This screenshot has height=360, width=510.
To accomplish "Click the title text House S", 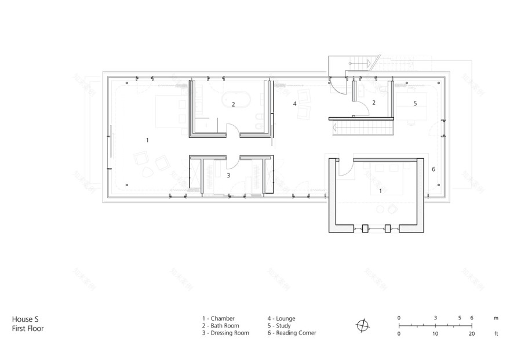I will click(25, 318).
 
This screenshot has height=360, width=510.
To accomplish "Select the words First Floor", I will click(28, 328).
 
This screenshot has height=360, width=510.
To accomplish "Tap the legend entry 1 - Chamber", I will click(218, 318).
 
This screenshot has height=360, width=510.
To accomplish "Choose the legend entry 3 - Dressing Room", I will click(225, 333).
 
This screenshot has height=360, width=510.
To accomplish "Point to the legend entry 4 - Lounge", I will click(282, 318).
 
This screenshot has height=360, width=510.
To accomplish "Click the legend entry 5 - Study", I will click(279, 326).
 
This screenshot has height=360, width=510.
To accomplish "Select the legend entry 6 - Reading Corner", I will click(292, 333).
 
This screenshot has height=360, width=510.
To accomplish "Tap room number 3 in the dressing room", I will click(228, 174).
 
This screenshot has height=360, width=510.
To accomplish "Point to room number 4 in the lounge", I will click(294, 104).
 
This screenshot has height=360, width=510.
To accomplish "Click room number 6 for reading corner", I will click(433, 169).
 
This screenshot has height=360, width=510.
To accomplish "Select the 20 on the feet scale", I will click(472, 333).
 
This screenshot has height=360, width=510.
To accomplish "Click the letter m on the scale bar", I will click(496, 318).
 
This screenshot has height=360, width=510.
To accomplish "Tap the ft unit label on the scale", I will click(496, 333).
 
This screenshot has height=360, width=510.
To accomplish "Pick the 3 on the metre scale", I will click(435, 318).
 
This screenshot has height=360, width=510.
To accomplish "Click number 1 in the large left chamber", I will click(147, 140).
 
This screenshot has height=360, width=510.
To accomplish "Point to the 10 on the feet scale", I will click(435, 333).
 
